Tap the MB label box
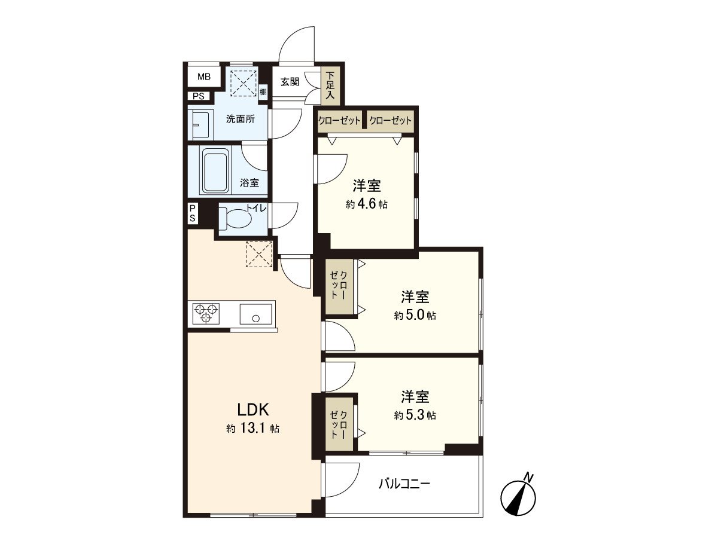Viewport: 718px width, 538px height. pos(204,77)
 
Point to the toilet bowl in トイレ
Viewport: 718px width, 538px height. pos(239,219)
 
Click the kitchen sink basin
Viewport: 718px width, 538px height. pos(256,313)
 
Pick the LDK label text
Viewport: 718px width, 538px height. pos(254,410)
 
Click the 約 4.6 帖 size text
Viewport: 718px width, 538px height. pos(367,204)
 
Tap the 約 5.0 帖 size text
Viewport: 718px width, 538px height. pos(415,316)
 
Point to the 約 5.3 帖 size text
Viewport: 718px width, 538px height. pos(415,415)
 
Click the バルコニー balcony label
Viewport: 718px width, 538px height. pos(404,484)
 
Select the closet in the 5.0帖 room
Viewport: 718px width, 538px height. pos(339,286)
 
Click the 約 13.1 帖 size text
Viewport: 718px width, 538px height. pos(254,429)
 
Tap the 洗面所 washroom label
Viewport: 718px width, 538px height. pos(240,118)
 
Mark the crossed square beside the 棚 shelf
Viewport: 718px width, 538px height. pos(244,82)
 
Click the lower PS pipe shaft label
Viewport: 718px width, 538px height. pos(193,213)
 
